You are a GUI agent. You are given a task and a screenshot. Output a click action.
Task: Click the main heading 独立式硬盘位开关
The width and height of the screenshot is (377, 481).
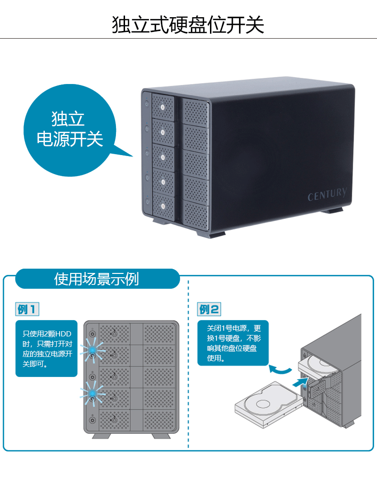pos(188,25)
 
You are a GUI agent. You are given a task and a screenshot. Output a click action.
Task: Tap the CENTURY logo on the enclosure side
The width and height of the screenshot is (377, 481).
pos(327,195)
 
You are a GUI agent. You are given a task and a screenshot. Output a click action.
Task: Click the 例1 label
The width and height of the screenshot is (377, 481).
pos(27,309)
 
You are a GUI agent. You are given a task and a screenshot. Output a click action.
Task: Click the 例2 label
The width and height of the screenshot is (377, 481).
pos(209,309)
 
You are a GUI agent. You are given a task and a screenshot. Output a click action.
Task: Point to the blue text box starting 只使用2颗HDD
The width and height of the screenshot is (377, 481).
pos(46,348)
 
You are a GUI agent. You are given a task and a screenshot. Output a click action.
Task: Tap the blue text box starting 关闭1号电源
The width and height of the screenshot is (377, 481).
pos(233,343)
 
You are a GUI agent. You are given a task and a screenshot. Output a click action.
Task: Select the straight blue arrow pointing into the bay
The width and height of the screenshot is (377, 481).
pos(299,382)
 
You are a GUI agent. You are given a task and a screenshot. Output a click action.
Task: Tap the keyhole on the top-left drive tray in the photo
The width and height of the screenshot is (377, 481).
pos(163,107)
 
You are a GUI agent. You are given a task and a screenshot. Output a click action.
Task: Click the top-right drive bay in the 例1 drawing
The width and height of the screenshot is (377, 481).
pos(159,335)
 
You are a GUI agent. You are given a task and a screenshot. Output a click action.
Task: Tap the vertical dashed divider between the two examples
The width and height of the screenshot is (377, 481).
pos(188,363)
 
